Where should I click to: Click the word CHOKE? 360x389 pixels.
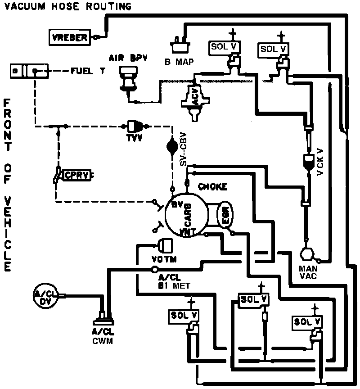tap(212, 186)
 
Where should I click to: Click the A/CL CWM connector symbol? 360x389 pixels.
tap(103, 320)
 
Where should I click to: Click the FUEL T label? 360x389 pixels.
tap(88, 71)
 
